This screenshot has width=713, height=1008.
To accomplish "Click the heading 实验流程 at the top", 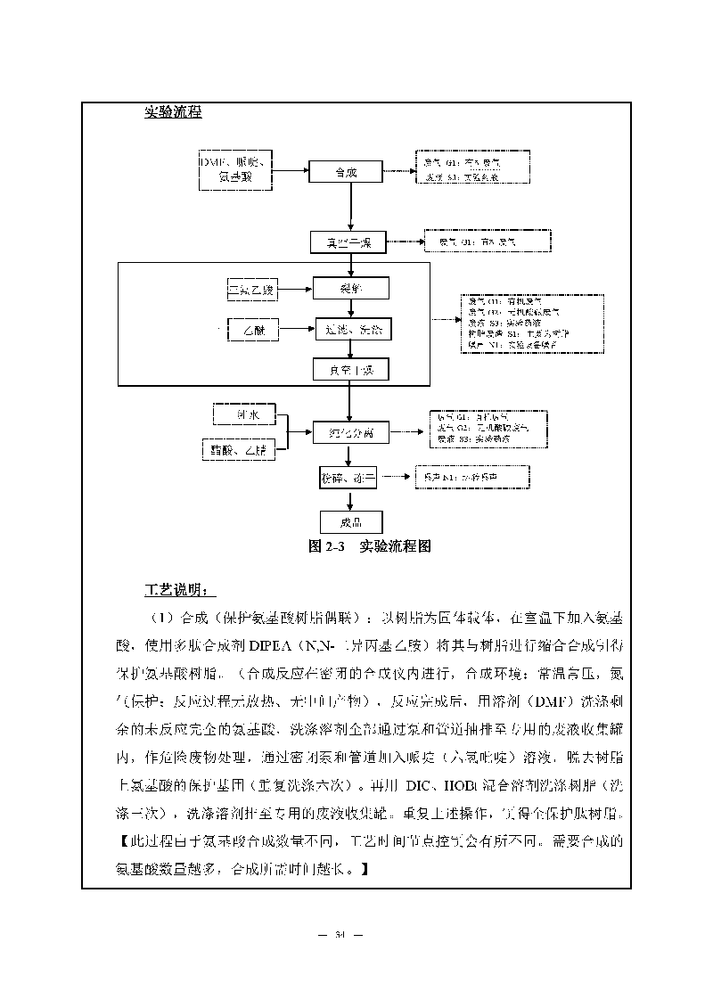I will click(173, 112).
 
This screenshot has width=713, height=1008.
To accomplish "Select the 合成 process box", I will click(345, 172).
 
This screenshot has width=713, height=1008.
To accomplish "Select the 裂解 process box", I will click(351, 288).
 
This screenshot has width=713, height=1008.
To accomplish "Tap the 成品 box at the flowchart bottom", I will click(350, 522).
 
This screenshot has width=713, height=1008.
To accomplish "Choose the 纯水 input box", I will click(244, 414).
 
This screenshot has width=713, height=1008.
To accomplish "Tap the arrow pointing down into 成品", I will click(351, 499).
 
